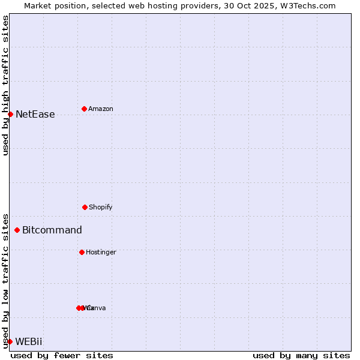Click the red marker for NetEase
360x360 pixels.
point(10,114)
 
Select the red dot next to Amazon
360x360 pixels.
point(84,109)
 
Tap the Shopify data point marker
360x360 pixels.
point(85,207)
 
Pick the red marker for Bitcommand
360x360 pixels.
point(17,230)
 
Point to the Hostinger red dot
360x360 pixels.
point(82,252)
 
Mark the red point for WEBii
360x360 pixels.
point(10,341)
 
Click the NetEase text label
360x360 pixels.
point(35,114)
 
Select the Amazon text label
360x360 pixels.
point(100,109)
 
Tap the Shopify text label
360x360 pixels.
point(100,207)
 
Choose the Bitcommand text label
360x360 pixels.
point(52,230)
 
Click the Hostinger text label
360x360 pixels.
point(101,252)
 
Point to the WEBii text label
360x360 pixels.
point(29,341)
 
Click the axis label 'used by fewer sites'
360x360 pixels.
point(62,355)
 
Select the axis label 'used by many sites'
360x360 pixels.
point(301,355)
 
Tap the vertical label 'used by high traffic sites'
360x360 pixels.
point(5,85)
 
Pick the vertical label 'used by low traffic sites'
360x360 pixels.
point(5,281)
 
